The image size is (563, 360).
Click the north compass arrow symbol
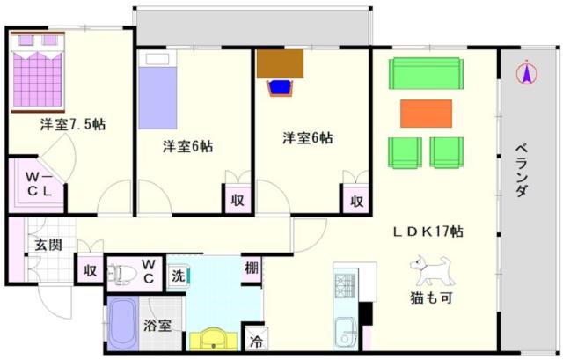[x=527, y=73]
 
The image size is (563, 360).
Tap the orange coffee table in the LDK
[x=426, y=114]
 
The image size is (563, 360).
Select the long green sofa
[x=426, y=73]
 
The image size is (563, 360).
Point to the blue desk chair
[x=280, y=88]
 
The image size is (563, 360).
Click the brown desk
[x=280, y=64]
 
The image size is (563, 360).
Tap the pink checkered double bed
[x=37, y=72]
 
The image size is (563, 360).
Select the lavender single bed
[x=157, y=92]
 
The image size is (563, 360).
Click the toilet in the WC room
[x=122, y=275]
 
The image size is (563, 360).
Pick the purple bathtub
[x=122, y=323]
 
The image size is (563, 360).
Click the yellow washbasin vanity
[x=214, y=339]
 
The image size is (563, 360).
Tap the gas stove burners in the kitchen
[x=345, y=286]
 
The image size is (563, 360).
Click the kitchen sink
[x=345, y=331]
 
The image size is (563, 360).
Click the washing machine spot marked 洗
[x=179, y=276]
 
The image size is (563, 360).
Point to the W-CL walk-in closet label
[x=40, y=184]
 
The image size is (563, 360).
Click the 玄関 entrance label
[x=48, y=245]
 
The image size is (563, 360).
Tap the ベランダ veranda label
[x=522, y=170]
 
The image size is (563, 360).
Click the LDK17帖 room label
[x=428, y=231]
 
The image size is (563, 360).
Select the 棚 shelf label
[x=252, y=268]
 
